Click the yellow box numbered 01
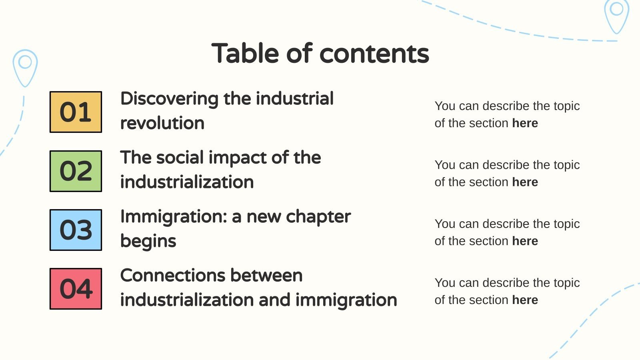(76, 112)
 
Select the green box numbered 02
(76, 171)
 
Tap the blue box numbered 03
(76, 230)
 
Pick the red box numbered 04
(76, 289)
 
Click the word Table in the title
(245, 53)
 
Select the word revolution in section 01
(162, 123)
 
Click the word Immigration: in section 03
(173, 217)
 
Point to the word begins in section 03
(148, 241)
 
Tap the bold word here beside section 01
(525, 123)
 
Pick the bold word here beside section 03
(525, 241)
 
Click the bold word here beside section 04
(525, 300)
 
